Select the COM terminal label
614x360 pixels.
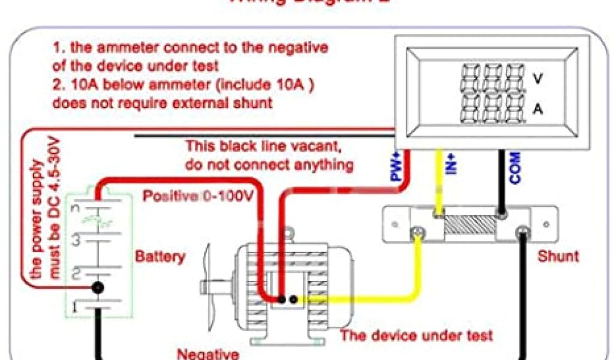[x=514, y=167]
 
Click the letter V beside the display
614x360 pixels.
[x=538, y=78]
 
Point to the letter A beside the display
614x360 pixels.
[x=538, y=109]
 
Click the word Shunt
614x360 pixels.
[x=558, y=256]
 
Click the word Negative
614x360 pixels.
[x=207, y=353]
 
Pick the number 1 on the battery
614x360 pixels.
[x=75, y=308]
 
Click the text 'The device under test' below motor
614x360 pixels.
[x=417, y=335]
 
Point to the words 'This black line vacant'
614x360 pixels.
[x=264, y=146]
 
